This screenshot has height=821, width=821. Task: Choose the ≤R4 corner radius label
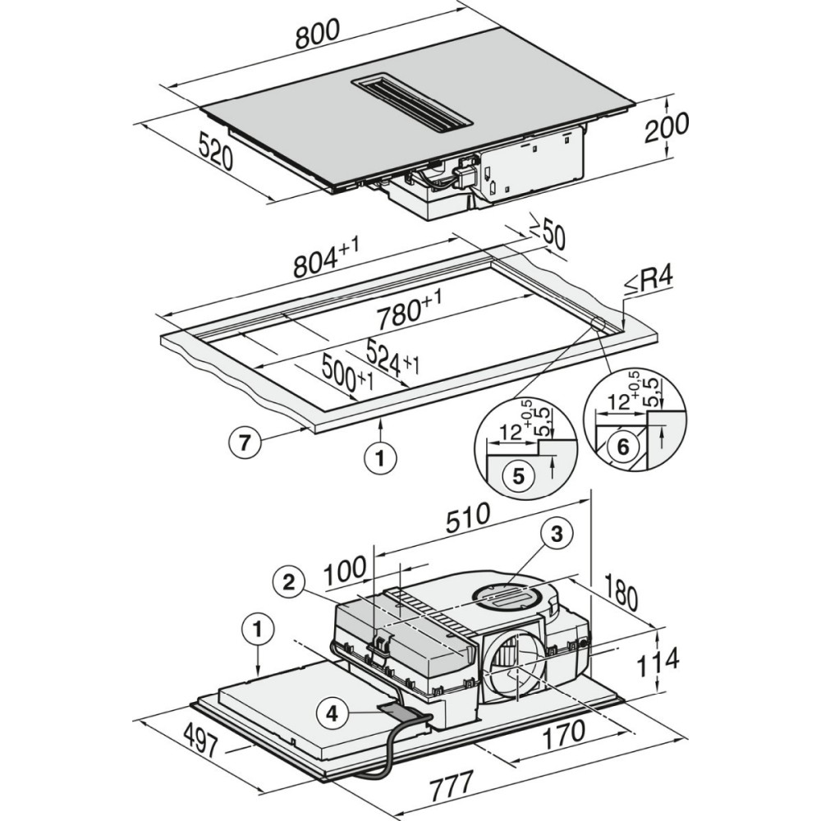tap(649, 282)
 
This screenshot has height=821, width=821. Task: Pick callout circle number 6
tap(622, 447)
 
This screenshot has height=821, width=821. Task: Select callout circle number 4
tap(332, 713)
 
